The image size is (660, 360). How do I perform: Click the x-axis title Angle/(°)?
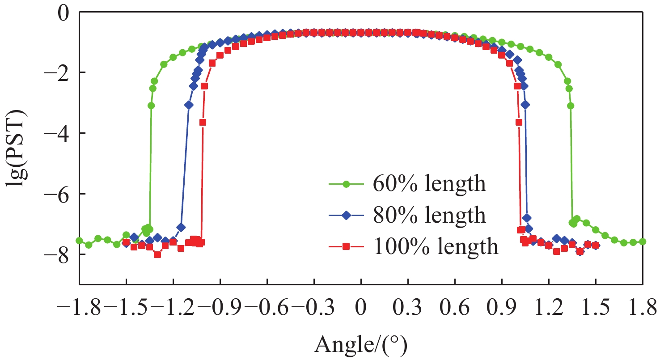coord(361,344)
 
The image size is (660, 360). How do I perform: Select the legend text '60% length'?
coord(429,184)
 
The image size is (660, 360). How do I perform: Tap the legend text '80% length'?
coord(429,215)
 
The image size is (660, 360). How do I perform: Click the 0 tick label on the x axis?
coord(361,309)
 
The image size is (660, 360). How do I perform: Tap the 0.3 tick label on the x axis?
coord(408,309)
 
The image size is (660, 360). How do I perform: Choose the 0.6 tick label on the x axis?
coord(455,309)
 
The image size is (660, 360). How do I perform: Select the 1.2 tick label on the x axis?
coord(549,309)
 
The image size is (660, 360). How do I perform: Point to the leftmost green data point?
coord(80,241)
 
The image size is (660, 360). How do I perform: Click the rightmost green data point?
coord(643,241)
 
